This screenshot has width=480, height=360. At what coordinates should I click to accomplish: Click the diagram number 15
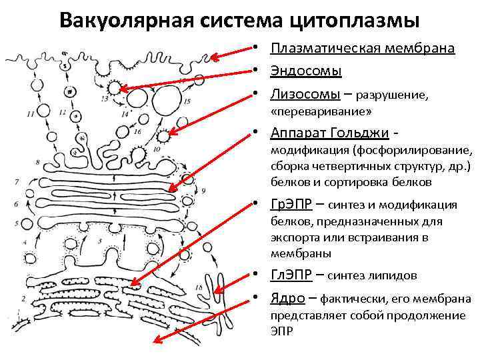(187, 101)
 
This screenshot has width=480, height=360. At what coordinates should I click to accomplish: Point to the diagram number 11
(31, 114)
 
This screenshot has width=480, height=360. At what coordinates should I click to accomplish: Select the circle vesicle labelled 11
(43, 111)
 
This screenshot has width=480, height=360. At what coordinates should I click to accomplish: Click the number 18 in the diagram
(200, 287)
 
